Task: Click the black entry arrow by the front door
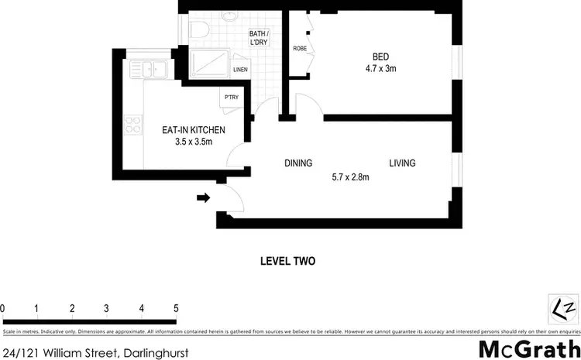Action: [x=204, y=198]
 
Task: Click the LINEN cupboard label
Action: [x=241, y=70]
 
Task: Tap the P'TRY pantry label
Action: [x=231, y=98]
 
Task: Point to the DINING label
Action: [x=298, y=163]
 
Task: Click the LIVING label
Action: [x=402, y=163]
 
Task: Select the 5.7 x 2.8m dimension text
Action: [x=350, y=177]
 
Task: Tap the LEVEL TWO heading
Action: [x=288, y=262]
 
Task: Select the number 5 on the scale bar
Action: [x=176, y=308]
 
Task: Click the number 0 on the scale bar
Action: [x=3, y=308]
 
